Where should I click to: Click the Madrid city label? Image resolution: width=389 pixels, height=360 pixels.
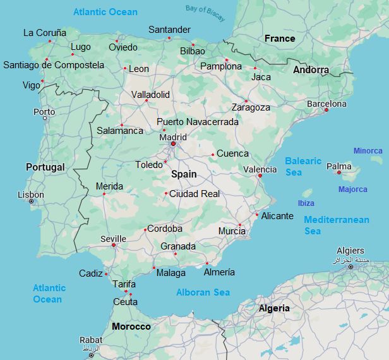(172, 137)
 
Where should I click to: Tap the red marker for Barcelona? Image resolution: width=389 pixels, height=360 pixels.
(326, 110)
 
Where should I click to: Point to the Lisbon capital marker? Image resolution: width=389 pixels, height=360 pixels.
(31, 201)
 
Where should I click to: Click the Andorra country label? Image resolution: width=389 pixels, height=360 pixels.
(311, 70)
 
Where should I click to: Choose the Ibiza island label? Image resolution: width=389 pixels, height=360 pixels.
(306, 203)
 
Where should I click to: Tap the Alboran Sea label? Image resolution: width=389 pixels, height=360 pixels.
(203, 292)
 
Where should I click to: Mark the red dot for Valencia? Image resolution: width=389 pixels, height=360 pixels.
(260, 176)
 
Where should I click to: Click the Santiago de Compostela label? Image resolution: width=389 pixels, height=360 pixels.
(54, 65)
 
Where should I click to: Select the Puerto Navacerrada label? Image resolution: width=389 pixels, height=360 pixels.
(198, 122)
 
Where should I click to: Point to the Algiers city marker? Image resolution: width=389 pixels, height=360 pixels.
(350, 267)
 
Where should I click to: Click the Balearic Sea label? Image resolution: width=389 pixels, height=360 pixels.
(303, 167)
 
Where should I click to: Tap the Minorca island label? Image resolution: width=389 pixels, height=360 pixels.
(368, 151)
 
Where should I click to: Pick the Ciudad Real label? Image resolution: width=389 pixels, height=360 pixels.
(194, 194)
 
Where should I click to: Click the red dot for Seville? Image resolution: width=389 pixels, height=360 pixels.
(114, 245)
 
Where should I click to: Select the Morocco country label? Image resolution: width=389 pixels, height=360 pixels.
(131, 327)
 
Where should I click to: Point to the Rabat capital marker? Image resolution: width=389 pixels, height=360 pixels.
(92, 355)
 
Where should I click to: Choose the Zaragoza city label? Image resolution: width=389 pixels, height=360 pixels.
(251, 107)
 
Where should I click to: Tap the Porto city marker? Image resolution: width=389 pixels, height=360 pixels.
(44, 118)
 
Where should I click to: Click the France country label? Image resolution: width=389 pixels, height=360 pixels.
(280, 39)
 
